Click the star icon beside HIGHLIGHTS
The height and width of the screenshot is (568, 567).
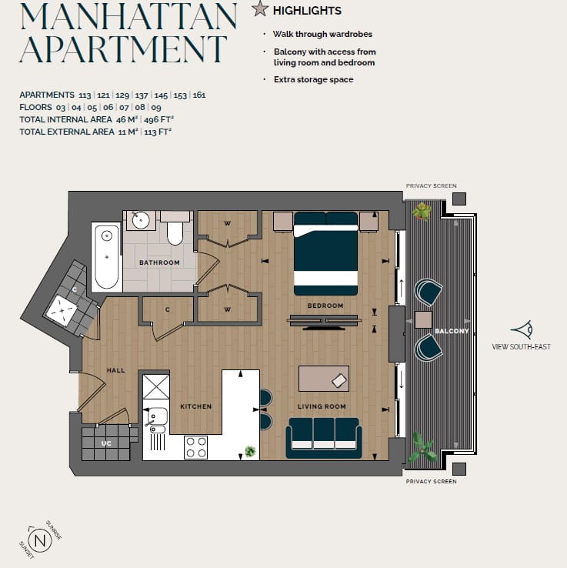[x=260, y=10]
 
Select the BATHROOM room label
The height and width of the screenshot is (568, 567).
[x=159, y=262]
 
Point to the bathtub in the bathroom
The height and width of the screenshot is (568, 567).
[x=106, y=256]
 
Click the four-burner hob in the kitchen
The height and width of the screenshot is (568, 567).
[x=195, y=447]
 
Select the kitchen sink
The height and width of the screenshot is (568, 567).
[x=155, y=419]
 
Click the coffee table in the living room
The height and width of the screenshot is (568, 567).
[x=323, y=378]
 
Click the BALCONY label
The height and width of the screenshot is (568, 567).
[x=451, y=331]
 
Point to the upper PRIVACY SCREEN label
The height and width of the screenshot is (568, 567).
[x=431, y=185]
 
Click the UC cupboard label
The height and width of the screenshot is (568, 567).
[x=107, y=443]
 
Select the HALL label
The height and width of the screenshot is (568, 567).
[x=115, y=370]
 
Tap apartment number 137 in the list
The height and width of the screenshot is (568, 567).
[x=142, y=95]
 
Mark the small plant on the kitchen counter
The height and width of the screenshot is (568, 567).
[x=249, y=451]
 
